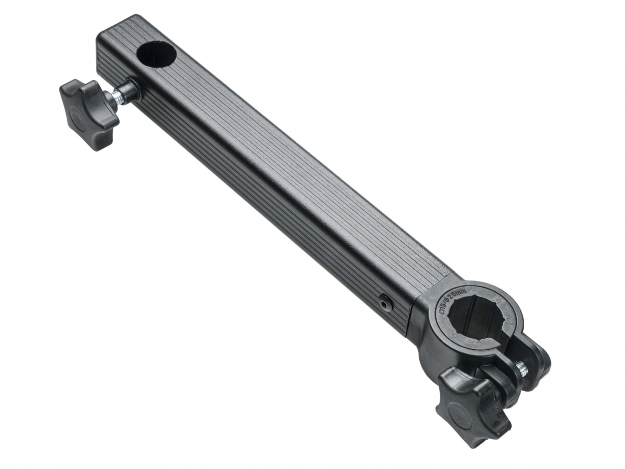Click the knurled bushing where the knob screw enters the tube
133,89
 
